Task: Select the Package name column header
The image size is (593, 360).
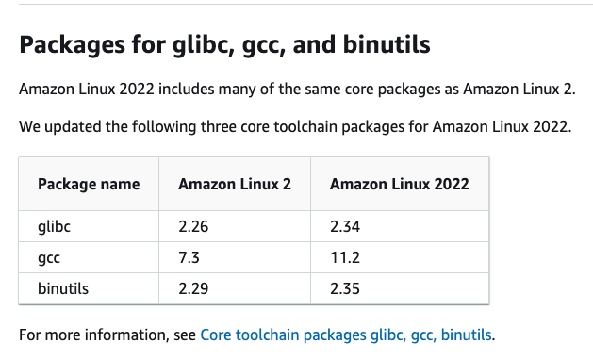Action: click(89, 184)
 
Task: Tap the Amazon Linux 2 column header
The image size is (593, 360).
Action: click(235, 184)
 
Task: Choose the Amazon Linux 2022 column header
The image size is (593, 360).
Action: click(400, 184)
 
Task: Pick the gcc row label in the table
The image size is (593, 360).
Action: click(50, 257)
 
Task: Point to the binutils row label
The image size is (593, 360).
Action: click(63, 288)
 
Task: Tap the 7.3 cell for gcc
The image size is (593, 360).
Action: click(188, 257)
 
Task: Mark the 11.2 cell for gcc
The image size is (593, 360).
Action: click(343, 257)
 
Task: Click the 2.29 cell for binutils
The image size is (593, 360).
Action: click(192, 288)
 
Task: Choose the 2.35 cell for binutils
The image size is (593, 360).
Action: click(345, 288)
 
